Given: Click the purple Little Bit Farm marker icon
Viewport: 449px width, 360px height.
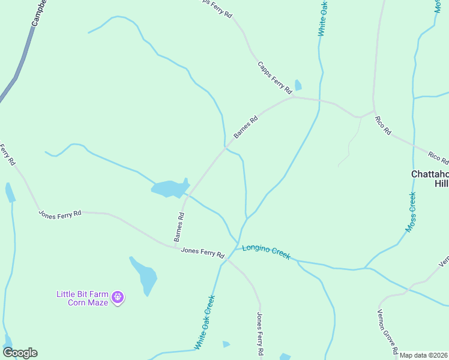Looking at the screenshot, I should tap(118, 297).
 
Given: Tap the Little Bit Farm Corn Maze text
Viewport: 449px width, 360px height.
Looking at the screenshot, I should tap(82, 298).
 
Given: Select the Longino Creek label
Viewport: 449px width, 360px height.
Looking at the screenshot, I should tap(266, 252).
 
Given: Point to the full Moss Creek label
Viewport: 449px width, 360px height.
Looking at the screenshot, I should tap(411, 212).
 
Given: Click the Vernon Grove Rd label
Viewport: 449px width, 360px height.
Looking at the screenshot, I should tap(388, 331).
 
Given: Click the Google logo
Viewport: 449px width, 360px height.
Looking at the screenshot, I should tap(20, 353).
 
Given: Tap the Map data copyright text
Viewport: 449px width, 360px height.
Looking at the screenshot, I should tap(424, 355).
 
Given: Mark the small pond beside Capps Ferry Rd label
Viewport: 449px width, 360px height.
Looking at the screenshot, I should tap(298, 85).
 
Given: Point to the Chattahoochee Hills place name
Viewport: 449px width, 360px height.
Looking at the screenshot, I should tap(429, 179).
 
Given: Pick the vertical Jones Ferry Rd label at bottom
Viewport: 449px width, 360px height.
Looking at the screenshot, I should tap(260, 334).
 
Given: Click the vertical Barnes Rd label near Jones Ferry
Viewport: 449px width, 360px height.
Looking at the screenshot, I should tap(179, 226).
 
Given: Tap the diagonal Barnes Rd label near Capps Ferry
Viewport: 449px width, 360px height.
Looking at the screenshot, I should tap(246, 127).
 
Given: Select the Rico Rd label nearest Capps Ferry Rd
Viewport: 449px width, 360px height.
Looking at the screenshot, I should tap(382, 125).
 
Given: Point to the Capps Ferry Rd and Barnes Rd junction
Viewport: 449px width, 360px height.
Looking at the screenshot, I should tap(294, 97).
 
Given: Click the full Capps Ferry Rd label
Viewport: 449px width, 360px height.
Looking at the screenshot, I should tap(274, 77).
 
